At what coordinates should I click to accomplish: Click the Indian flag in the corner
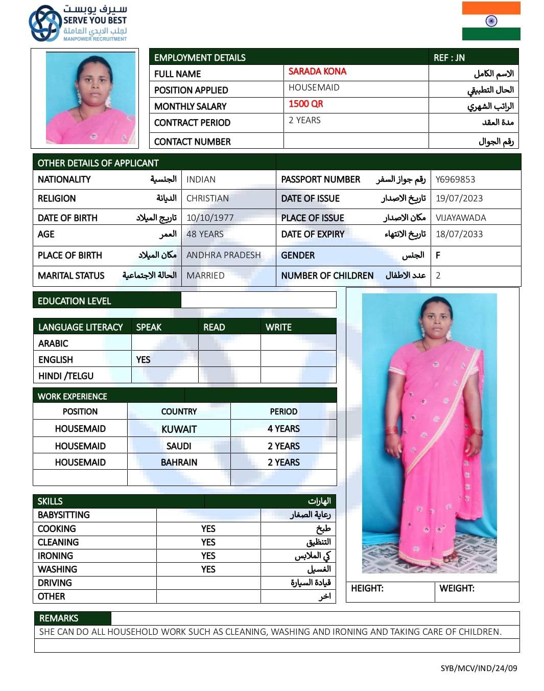point(491,21)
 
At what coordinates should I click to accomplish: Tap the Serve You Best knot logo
point(45,24)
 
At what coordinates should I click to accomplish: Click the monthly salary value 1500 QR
point(305,104)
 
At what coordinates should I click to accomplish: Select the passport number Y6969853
point(455,179)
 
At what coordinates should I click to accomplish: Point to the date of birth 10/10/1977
point(210,218)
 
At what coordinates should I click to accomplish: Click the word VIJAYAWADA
point(461,218)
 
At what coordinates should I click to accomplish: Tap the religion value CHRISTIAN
point(207,198)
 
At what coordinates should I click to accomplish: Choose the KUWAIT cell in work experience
point(179,429)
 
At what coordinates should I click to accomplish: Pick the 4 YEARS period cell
point(283,429)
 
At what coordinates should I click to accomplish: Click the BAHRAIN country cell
point(179,463)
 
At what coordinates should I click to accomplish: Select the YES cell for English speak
point(144,360)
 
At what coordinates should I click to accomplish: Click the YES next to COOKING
point(208,529)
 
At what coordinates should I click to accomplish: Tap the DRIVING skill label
point(55,583)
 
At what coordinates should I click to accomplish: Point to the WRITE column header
point(278,327)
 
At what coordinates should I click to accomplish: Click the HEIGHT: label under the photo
point(367,588)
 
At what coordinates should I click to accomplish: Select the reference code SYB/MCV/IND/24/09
point(479,668)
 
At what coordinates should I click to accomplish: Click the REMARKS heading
point(59,618)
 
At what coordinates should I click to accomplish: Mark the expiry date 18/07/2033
point(459,234)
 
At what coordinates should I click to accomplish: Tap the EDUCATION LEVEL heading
point(74,301)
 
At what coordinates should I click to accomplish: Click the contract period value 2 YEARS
point(304,120)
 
